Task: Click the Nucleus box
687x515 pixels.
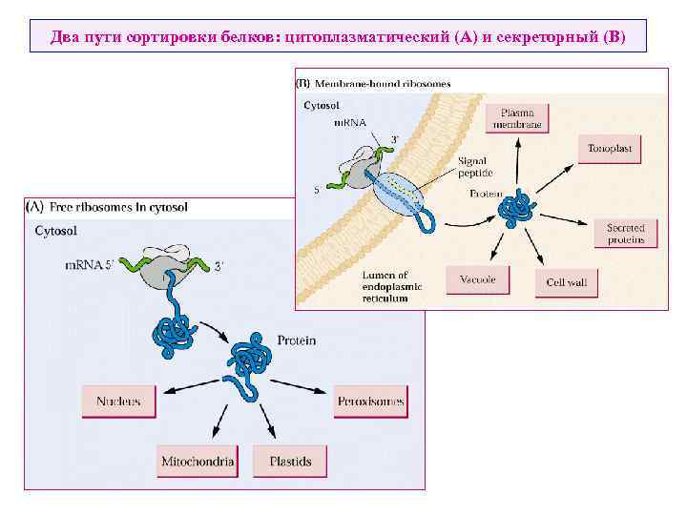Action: click(118, 402)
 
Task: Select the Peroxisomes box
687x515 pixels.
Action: click(371, 402)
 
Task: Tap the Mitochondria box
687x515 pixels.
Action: click(198, 463)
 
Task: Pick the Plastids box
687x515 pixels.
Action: click(290, 463)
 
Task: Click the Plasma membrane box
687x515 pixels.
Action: click(518, 118)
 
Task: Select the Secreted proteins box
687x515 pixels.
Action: click(626, 234)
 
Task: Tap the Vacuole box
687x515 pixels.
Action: click(477, 280)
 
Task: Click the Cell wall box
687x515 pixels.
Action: click(566, 283)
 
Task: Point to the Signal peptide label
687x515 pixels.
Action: click(473, 167)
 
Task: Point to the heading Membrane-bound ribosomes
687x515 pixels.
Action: click(382, 84)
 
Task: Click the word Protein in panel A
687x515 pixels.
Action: click(296, 340)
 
